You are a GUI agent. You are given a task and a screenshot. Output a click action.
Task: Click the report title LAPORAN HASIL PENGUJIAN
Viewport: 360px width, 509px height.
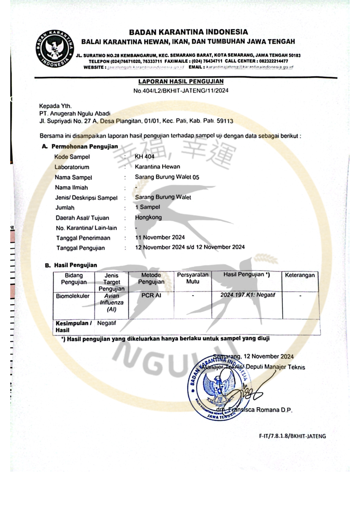click(x=181, y=81)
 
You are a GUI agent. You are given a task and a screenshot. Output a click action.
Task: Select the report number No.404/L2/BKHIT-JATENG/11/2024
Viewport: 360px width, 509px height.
click(x=181, y=90)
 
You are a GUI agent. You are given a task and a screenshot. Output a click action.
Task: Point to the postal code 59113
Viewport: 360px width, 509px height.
click(x=225, y=121)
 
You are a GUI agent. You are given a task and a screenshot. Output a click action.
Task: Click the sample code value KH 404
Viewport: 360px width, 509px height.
click(x=144, y=157)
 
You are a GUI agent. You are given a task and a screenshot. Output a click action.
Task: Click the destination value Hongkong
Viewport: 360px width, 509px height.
click(x=148, y=217)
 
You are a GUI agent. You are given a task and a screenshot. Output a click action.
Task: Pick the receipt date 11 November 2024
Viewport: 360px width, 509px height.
click(x=160, y=238)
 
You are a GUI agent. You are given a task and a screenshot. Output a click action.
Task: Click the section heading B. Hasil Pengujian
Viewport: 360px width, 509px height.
click(x=71, y=265)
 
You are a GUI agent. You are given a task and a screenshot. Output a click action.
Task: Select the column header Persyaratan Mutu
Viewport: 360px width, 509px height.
click(x=193, y=278)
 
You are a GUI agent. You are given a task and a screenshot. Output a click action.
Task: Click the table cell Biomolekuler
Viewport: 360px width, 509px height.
click(x=73, y=296)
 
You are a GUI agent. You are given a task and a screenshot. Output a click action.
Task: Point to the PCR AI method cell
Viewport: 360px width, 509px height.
click(x=151, y=296)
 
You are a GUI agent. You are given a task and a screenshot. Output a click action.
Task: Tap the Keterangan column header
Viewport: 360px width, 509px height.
click(x=300, y=275)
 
